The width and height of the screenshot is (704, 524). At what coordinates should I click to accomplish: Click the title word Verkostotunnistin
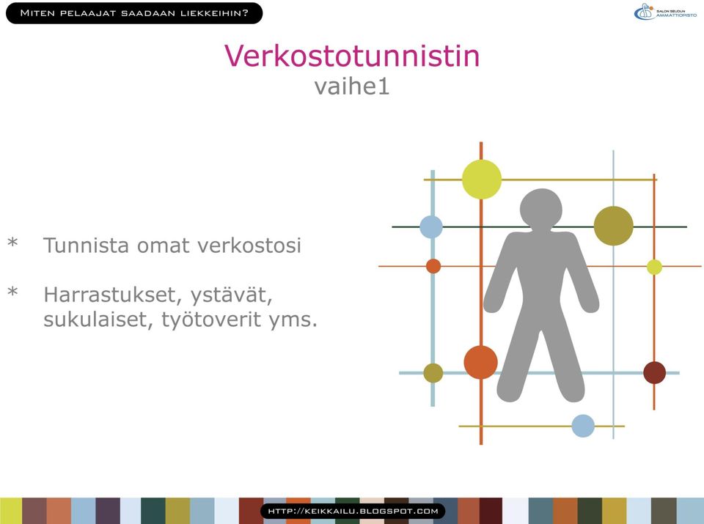352,56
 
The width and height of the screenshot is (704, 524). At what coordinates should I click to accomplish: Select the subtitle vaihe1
351,86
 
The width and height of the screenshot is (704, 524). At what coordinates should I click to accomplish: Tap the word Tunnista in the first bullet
86,246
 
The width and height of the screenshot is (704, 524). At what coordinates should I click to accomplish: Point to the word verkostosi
249,246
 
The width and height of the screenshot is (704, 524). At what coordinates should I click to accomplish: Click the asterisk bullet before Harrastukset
12,292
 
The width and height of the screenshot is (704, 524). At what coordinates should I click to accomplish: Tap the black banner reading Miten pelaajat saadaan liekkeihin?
134,13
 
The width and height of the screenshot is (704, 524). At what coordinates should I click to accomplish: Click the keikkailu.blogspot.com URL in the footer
353,511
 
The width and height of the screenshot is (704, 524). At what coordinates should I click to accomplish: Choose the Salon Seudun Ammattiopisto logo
665,12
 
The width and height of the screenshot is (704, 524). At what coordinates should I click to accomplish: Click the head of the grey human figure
541,209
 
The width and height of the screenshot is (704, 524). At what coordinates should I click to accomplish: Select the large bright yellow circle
482,180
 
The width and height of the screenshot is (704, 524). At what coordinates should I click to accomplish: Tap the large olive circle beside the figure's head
614,226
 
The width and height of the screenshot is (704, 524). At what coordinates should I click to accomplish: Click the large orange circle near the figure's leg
481,362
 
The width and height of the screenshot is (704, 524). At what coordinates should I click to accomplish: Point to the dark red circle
655,372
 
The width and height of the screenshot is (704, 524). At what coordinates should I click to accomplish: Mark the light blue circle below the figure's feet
583,426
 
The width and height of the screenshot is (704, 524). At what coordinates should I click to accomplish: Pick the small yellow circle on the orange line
655,267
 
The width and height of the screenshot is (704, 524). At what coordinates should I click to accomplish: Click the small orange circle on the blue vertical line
433,266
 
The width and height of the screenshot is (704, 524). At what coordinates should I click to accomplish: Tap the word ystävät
231,295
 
